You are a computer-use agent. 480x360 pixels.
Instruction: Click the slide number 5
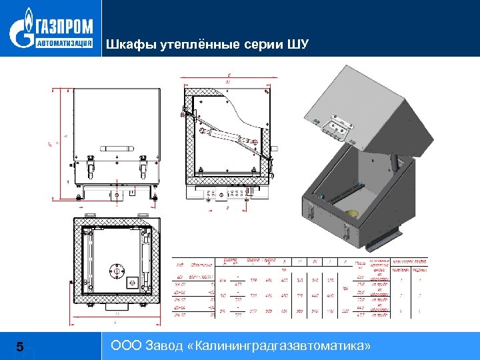tap(20, 347)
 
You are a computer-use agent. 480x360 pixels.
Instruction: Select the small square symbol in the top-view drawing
tap(132, 278)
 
